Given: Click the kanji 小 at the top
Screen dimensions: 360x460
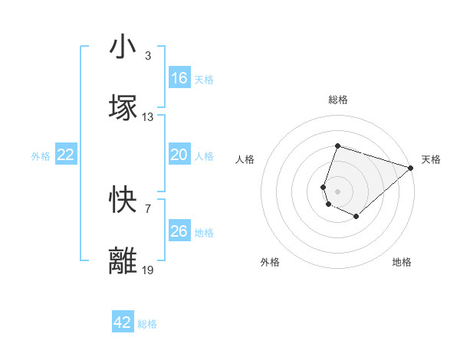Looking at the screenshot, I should tap(123, 47).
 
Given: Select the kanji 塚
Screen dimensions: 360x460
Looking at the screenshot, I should tap(123, 107).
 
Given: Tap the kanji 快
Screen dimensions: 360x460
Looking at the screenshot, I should tap(123, 201).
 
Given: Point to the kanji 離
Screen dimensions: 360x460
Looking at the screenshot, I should tap(123, 260).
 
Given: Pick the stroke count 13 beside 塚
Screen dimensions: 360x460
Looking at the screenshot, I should tap(148, 117).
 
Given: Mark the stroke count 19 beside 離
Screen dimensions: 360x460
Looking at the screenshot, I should tap(148, 270).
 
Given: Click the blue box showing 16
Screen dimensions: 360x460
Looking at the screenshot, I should tap(179, 78).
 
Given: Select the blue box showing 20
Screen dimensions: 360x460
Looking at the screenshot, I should tap(179, 155).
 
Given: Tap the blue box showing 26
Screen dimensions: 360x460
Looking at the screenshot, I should tap(179, 231).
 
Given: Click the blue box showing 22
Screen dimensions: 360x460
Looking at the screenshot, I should tap(66, 155).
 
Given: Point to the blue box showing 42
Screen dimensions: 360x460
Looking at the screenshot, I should tap(123, 323).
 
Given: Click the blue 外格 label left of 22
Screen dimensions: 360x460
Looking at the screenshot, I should tap(41, 156).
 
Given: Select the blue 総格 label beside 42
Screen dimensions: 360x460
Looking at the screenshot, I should tap(147, 325).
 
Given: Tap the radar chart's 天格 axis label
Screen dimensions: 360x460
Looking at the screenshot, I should tap(432, 159).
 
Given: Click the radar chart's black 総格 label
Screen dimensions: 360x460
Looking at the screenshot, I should tap(338, 100).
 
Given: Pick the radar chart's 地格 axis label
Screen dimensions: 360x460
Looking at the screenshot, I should tap(402, 262).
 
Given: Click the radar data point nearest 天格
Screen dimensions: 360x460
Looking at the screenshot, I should tap(411, 167).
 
